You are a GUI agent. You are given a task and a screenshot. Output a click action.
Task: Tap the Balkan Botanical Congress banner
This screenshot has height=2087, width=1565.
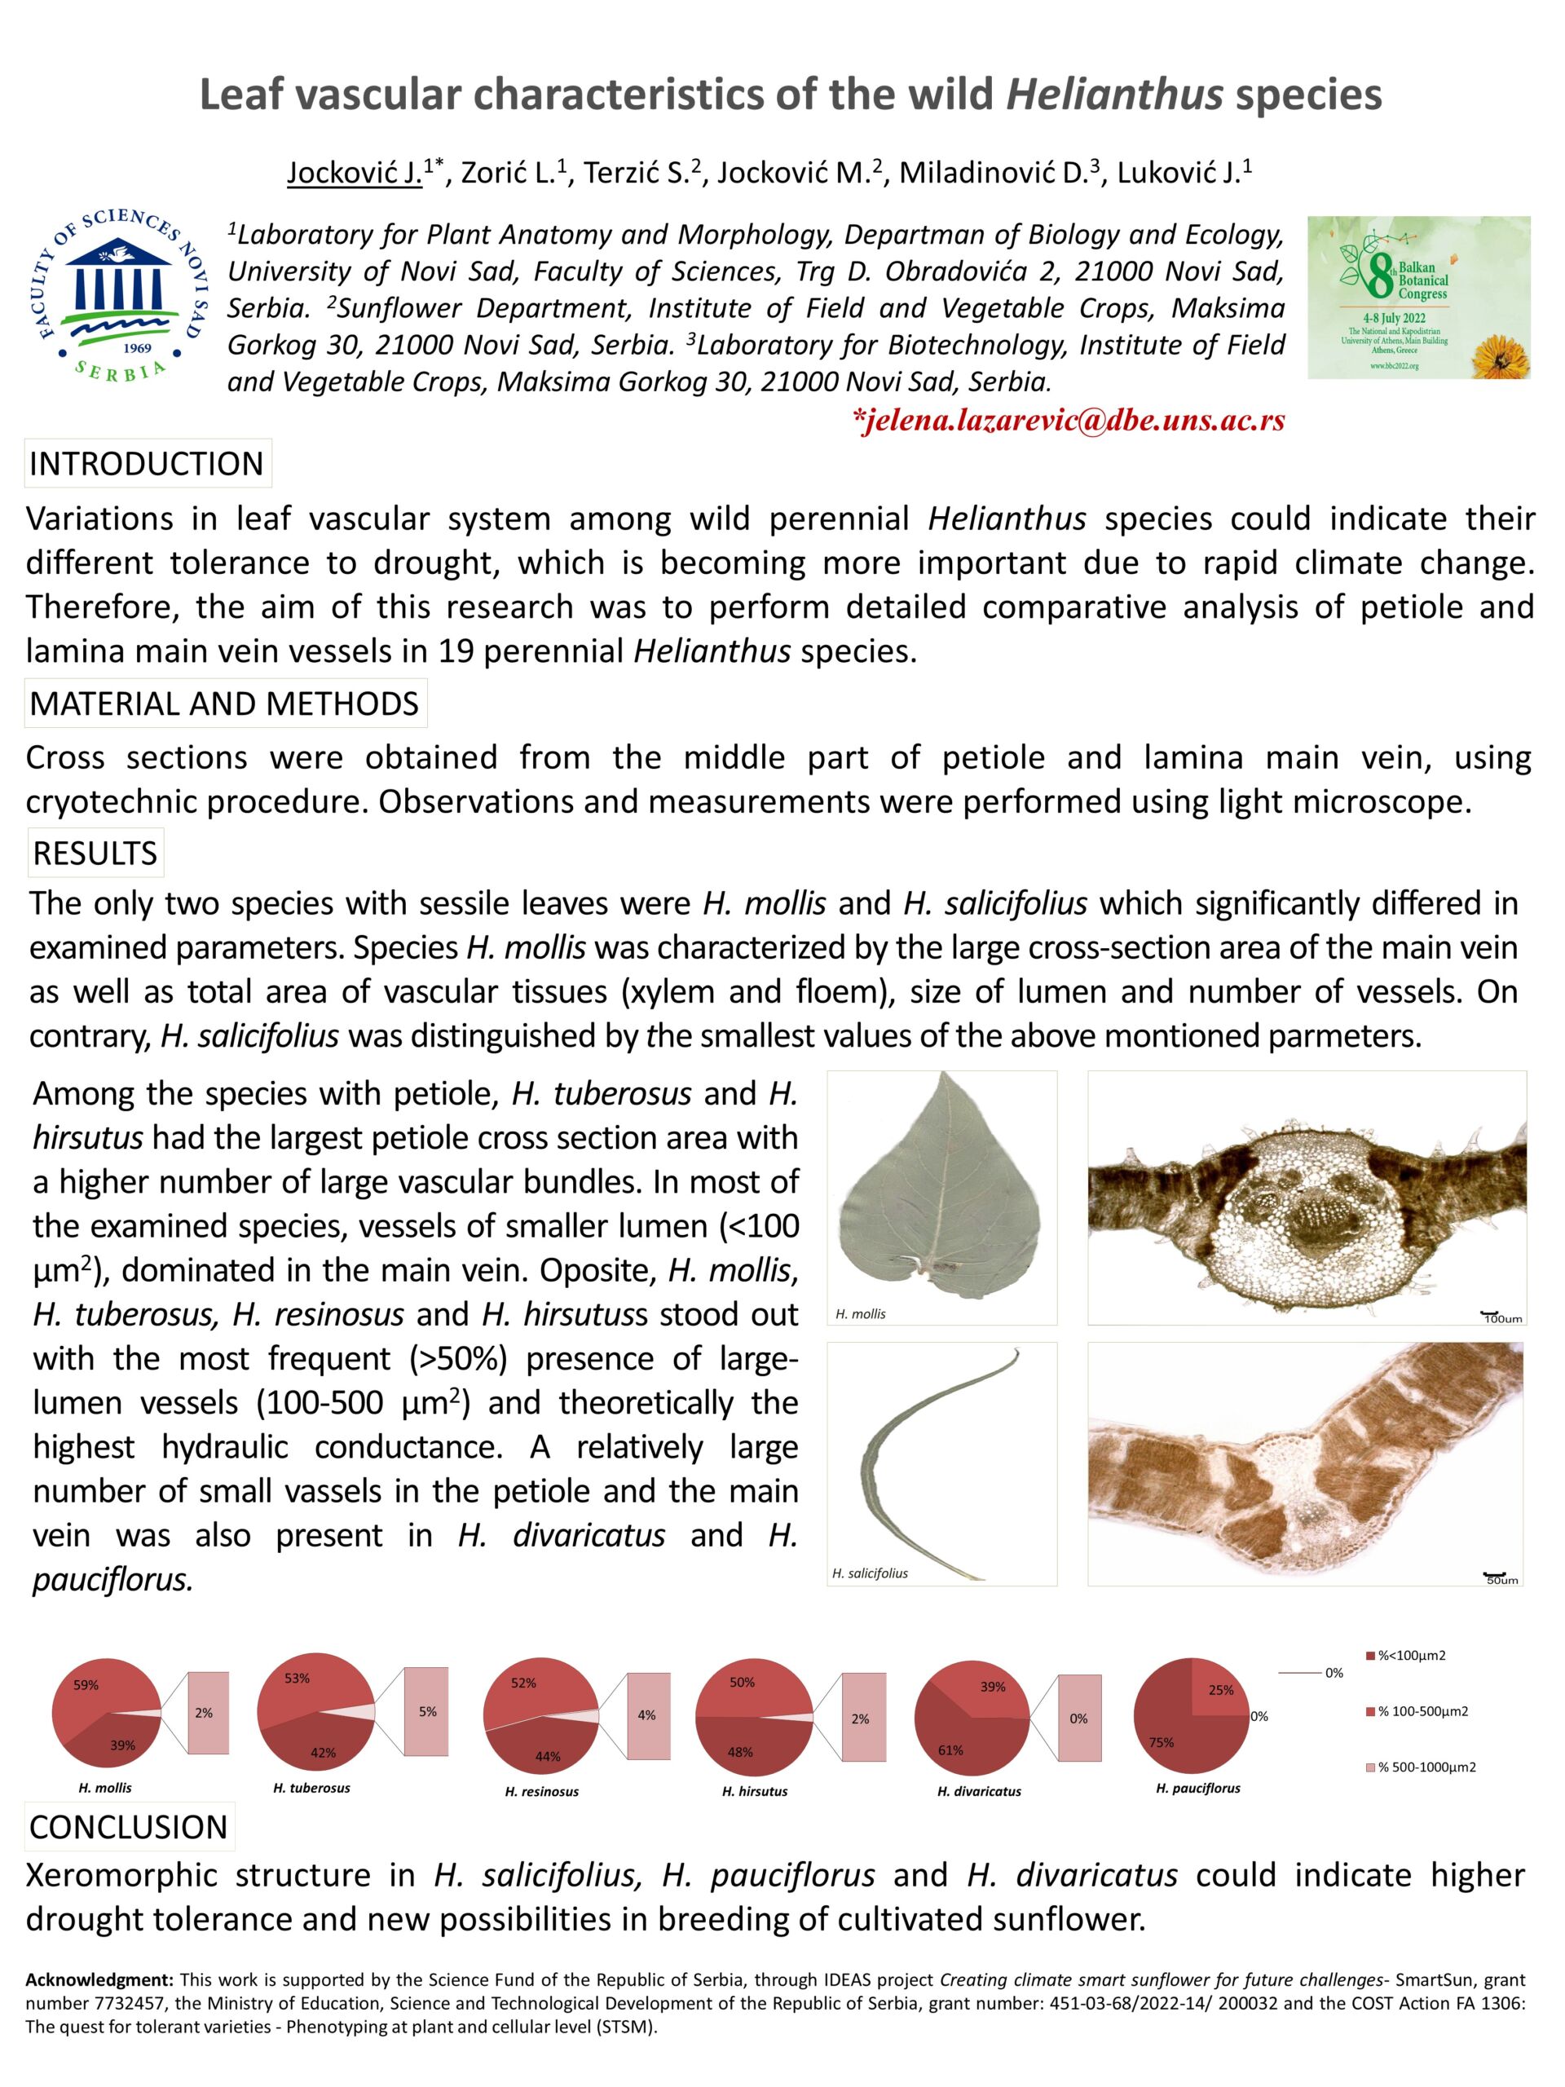[1417, 298]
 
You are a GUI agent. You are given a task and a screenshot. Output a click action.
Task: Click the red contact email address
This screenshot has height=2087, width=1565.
[1068, 421]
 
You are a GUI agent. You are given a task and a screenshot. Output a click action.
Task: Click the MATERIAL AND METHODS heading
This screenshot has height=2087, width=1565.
[224, 704]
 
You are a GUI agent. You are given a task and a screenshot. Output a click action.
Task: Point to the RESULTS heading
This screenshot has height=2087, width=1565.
[95, 853]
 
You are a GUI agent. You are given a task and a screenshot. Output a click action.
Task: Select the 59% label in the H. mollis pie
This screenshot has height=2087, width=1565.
[86, 1684]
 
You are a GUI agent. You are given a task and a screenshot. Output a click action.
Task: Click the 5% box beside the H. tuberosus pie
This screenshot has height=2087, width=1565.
[427, 1711]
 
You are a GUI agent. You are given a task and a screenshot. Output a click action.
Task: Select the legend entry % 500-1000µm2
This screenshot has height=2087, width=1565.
[1426, 1767]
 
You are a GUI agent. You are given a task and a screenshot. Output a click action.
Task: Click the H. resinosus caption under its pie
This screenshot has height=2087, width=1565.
[541, 1791]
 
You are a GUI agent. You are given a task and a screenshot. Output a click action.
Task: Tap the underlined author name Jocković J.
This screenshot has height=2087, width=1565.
[355, 173]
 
